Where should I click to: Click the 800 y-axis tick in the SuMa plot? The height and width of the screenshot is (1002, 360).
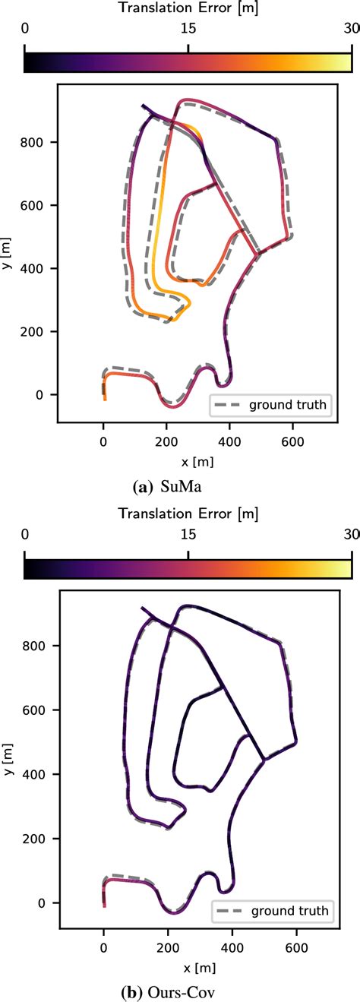coord(39,142)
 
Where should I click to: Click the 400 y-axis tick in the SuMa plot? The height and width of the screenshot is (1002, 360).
coord(39,268)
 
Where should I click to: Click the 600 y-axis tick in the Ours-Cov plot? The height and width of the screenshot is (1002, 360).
coord(39,710)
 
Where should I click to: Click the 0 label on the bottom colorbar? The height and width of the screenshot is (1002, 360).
coord(26,535)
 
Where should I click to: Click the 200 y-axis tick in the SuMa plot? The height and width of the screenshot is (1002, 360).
coord(39,331)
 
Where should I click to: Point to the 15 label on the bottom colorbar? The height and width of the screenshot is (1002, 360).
coord(188,535)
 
